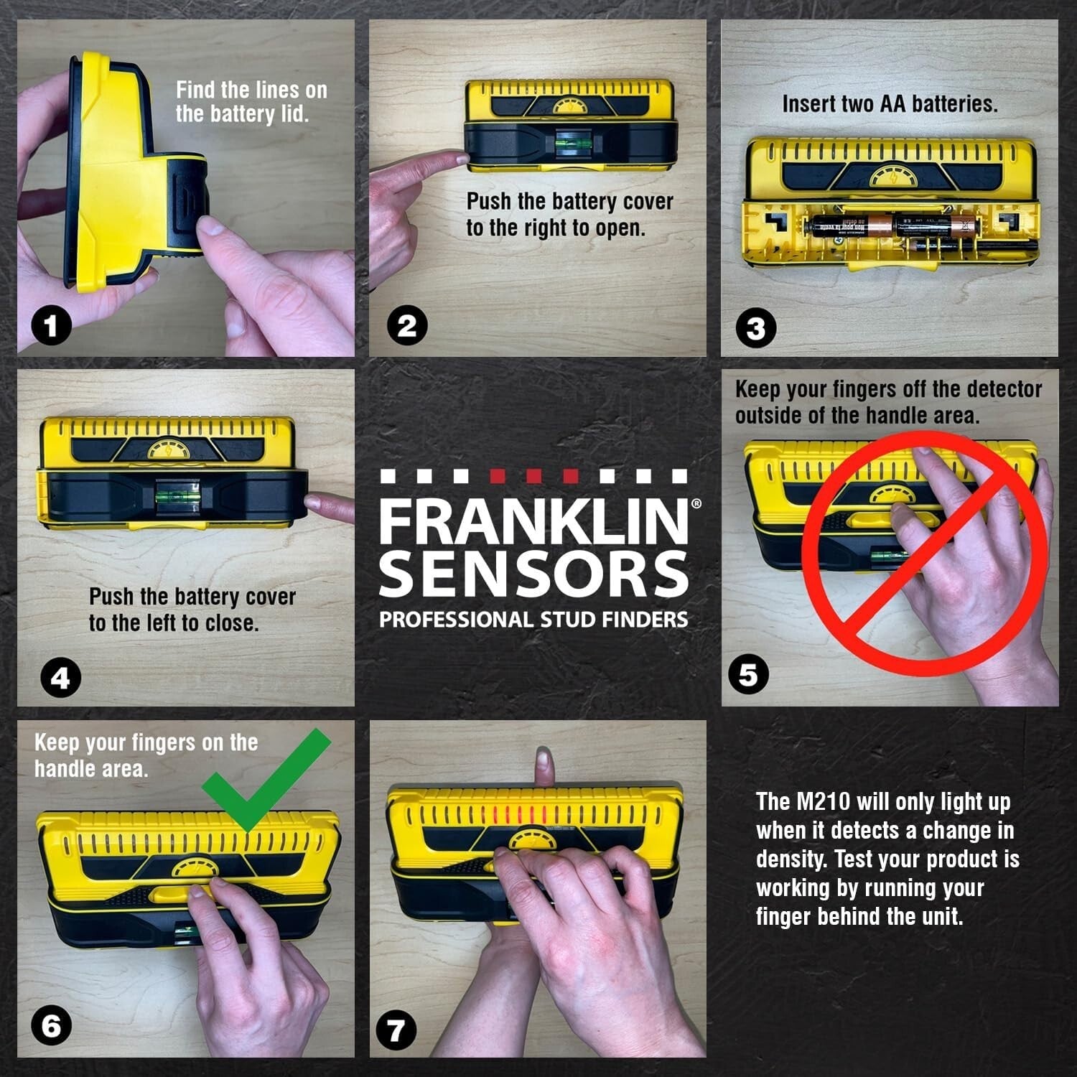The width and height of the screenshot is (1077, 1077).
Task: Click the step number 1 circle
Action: (50, 327)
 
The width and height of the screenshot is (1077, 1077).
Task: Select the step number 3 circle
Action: (756, 328)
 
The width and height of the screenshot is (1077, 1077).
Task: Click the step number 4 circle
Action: (60, 678)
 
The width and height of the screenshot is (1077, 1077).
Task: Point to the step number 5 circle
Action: (747, 675)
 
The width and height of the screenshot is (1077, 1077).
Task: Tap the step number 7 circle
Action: (396, 1031)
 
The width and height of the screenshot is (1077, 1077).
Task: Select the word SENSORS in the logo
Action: (533, 574)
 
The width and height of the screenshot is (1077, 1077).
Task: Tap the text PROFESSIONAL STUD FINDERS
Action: (533, 620)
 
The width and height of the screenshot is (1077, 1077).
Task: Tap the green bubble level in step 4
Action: (173, 495)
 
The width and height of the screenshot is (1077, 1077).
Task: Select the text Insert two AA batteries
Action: (890, 104)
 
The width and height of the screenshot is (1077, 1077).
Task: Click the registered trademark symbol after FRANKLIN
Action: (695, 504)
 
